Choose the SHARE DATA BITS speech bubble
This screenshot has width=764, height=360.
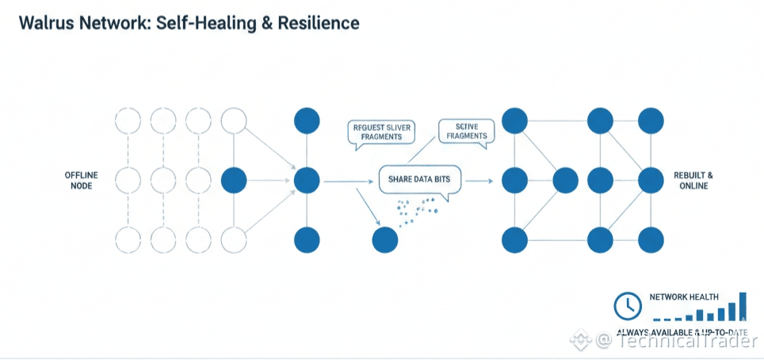pos(419,180)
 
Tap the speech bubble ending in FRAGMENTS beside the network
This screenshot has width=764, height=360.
pos(467,131)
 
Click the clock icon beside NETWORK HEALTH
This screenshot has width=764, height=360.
pos(628,304)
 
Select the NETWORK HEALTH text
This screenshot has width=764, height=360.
pos(684,297)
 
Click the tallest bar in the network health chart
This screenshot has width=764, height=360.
pos(743,305)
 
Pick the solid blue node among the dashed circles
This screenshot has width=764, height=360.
pos(233,181)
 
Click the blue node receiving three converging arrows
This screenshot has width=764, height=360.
pos(307,181)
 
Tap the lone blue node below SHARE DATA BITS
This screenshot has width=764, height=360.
pos(385,239)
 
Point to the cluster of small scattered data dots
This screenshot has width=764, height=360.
pos(415,211)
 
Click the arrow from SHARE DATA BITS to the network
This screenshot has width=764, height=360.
pos(477,182)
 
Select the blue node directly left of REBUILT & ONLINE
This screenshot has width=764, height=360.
pos(651,180)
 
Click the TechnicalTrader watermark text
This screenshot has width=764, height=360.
pos(687,340)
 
